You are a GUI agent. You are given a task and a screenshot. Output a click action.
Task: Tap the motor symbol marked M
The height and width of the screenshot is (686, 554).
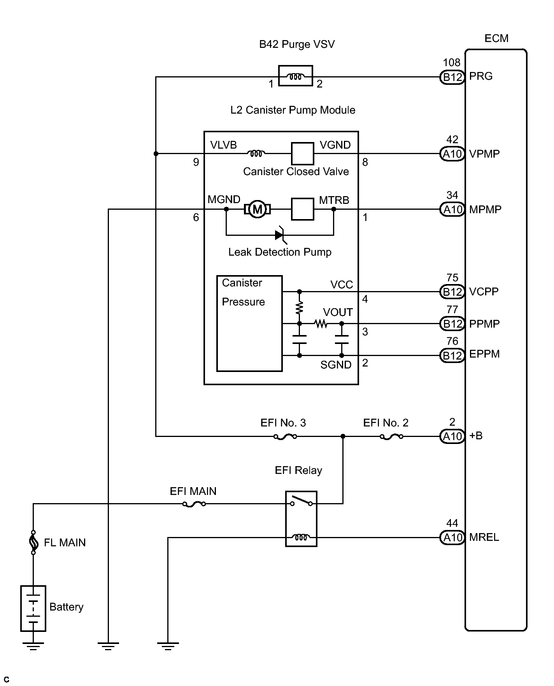pyautogui.click(x=257, y=209)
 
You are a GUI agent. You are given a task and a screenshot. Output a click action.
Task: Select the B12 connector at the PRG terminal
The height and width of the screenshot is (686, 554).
pyautogui.click(x=452, y=77)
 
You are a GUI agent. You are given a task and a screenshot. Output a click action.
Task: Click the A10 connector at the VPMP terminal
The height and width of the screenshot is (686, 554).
pyautogui.click(x=452, y=154)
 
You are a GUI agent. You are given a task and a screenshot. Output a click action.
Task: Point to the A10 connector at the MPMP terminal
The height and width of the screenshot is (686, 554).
pyautogui.click(x=452, y=210)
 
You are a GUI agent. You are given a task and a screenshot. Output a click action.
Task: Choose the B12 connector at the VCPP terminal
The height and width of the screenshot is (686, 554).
pyautogui.click(x=452, y=292)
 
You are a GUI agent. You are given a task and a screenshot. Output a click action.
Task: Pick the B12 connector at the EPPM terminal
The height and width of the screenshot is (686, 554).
pyautogui.click(x=452, y=356)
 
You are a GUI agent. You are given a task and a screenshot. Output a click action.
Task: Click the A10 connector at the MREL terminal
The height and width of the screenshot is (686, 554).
pyautogui.click(x=452, y=538)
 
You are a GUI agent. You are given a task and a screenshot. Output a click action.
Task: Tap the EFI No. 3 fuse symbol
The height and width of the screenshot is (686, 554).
pyautogui.click(x=285, y=437)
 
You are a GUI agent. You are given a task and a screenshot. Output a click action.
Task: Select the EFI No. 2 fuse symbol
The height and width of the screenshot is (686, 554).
pyautogui.click(x=391, y=437)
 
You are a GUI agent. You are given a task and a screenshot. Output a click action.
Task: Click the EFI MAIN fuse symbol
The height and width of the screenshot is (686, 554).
pyautogui.click(x=194, y=504)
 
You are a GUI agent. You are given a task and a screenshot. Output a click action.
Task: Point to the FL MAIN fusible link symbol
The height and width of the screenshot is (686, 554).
pyautogui.click(x=33, y=542)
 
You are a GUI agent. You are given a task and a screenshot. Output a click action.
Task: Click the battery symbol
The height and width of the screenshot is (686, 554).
pyautogui.click(x=33, y=608)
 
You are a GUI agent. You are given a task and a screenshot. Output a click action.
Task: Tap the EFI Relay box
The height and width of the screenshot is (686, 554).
pyautogui.click(x=301, y=519)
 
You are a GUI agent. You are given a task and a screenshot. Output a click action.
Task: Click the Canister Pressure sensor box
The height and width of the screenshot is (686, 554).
pyautogui.click(x=249, y=323)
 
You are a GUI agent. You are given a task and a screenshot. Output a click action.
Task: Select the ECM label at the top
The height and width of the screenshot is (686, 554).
pyautogui.click(x=496, y=39)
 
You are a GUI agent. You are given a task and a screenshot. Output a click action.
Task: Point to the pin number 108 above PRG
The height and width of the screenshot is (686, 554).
pyautogui.click(x=451, y=63)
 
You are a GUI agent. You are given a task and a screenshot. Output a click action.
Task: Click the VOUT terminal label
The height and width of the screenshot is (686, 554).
pyautogui.click(x=338, y=312)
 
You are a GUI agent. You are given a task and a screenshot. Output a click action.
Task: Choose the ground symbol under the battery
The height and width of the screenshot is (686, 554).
pyautogui.click(x=33, y=647)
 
